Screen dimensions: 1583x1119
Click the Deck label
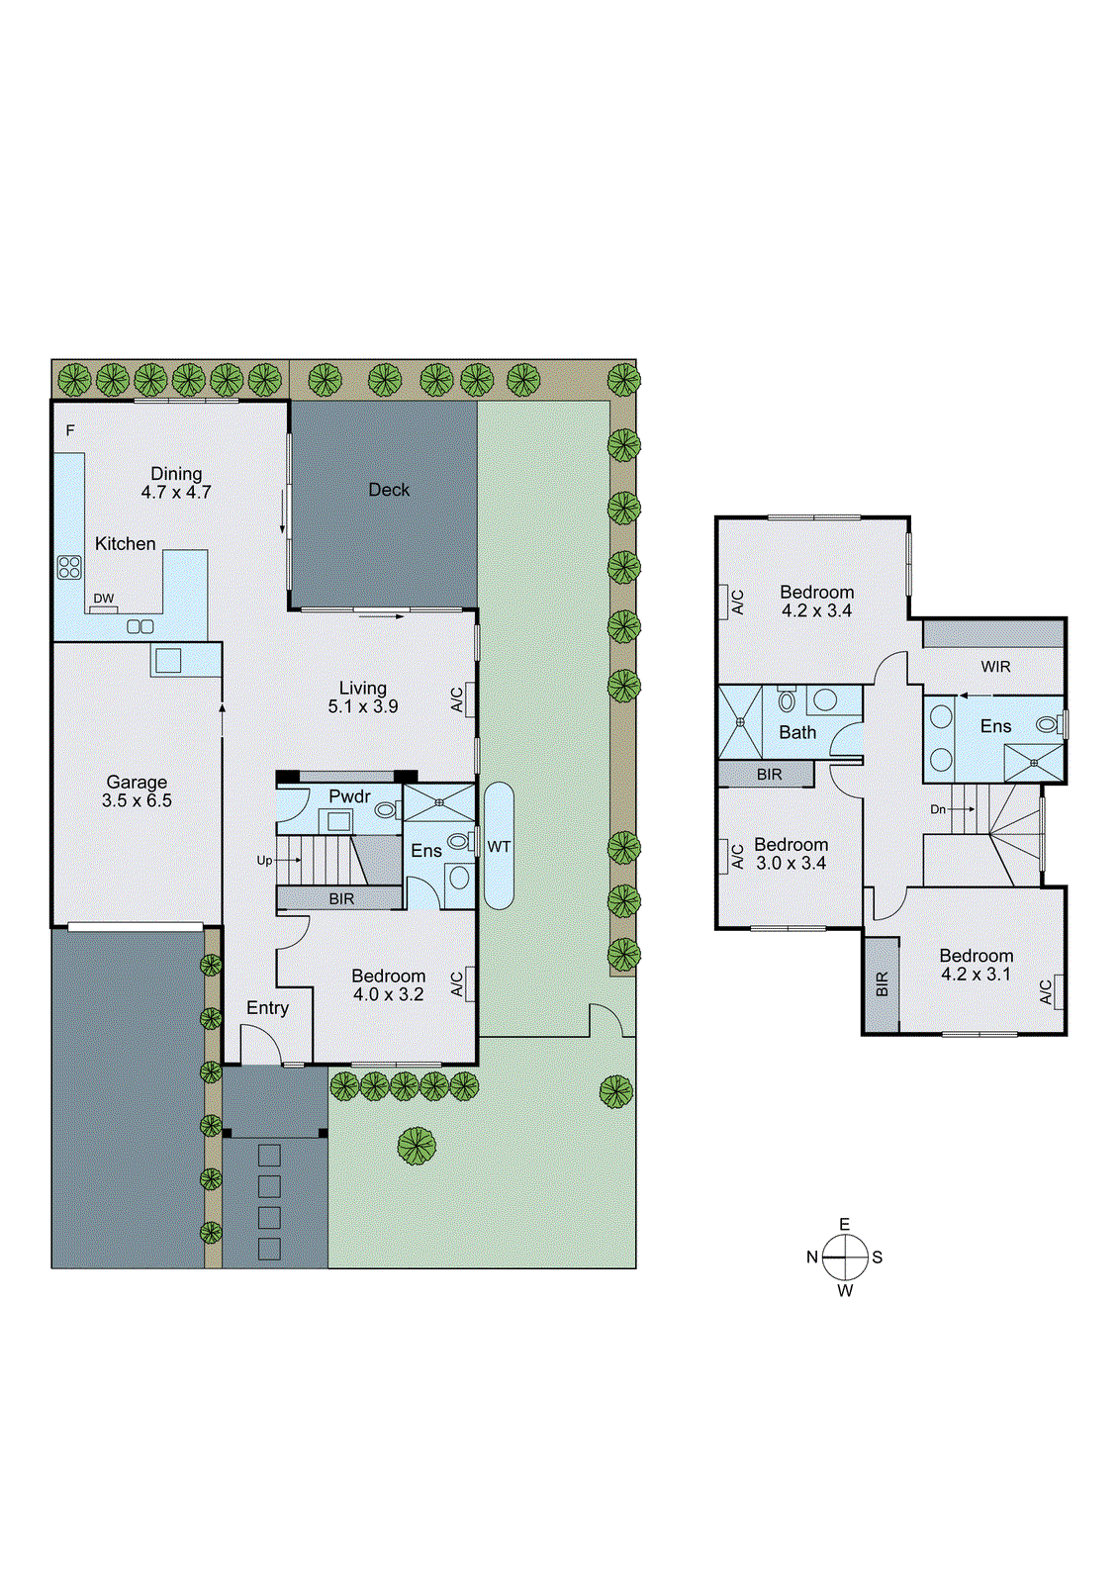[389, 490]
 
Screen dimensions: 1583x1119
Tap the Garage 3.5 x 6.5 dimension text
[137, 800]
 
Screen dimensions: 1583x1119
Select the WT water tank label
[499, 847]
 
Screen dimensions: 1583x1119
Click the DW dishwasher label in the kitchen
[104, 599]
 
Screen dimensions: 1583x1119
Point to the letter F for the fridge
[70, 430]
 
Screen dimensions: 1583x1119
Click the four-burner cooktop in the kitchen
[69, 567]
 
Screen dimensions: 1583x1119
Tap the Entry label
[267, 1007]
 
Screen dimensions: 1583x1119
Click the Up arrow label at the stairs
[264, 861]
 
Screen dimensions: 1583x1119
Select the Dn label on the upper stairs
[938, 809]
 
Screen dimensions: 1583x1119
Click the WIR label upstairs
[995, 667]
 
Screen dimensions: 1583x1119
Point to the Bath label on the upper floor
[797, 732]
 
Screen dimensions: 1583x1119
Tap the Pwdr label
[349, 796]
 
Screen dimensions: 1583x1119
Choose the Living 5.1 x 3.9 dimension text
[363, 706]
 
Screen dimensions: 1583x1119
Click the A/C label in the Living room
[457, 699]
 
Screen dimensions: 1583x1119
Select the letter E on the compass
[844, 1225]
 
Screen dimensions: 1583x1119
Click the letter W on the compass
[845, 1290]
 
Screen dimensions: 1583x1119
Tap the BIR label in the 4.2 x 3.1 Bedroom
[882, 983]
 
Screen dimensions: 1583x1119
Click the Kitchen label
[126, 544]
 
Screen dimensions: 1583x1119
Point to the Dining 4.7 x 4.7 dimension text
[176, 492]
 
